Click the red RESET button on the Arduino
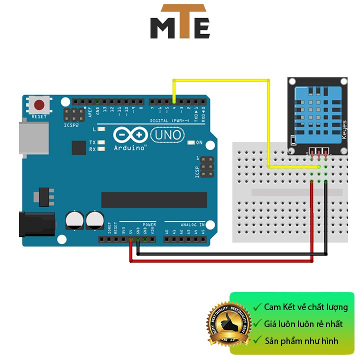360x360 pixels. (39, 105)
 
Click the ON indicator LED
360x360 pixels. (190, 142)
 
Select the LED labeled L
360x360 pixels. (101, 129)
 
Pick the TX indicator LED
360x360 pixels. (101, 142)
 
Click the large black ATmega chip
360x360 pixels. (154, 199)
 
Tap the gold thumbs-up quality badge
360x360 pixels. (227, 324)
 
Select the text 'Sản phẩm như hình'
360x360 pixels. (301, 341)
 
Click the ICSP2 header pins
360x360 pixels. (74, 114)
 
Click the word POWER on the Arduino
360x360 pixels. (149, 225)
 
